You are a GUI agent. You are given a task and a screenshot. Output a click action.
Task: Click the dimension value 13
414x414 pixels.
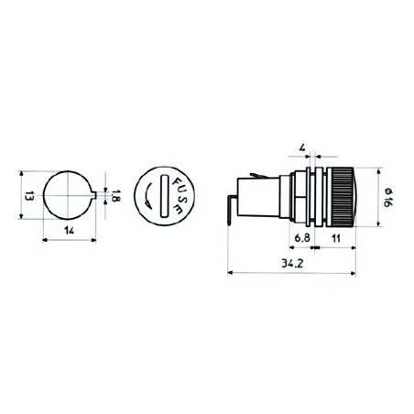click(28, 195)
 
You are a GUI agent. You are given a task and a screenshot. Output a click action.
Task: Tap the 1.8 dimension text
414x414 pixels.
click(115, 195)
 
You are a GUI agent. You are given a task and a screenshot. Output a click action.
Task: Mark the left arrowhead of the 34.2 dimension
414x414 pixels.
click(228, 273)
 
